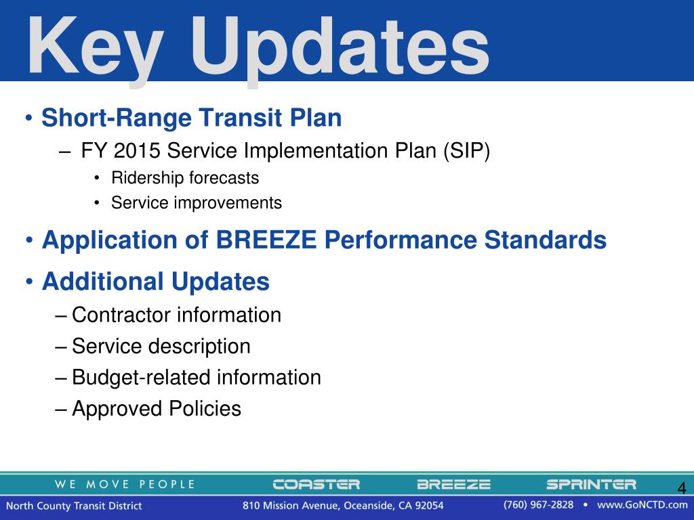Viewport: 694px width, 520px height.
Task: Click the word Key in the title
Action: [x=95, y=49]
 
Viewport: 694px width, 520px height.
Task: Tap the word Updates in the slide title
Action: [x=340, y=49]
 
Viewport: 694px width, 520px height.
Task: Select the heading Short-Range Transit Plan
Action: [x=192, y=118]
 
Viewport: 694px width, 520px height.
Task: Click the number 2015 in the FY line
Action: [x=137, y=150]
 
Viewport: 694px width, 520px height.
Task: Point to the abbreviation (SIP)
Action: [x=466, y=151]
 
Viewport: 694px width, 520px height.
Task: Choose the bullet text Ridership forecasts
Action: [x=185, y=178]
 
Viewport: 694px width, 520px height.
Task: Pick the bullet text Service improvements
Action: [x=197, y=203]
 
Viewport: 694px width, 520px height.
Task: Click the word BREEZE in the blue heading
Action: [x=266, y=240]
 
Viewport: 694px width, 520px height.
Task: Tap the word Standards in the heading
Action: [x=546, y=240]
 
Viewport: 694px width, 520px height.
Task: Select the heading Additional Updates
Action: [x=156, y=282]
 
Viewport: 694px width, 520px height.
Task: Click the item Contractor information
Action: [x=177, y=316]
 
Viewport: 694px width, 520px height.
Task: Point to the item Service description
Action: [x=161, y=346]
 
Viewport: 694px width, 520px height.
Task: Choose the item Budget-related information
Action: [x=197, y=378]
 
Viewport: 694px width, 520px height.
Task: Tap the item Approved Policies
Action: [x=157, y=408]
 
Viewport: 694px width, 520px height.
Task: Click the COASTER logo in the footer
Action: [x=317, y=485]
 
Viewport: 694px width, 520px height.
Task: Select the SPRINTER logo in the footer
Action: [x=591, y=485]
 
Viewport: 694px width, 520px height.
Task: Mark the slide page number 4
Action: [x=682, y=488]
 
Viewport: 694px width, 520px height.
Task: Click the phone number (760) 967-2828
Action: [x=538, y=505]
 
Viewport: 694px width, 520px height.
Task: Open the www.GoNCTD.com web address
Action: [x=642, y=505]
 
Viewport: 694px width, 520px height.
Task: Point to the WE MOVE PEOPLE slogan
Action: [x=125, y=485]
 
